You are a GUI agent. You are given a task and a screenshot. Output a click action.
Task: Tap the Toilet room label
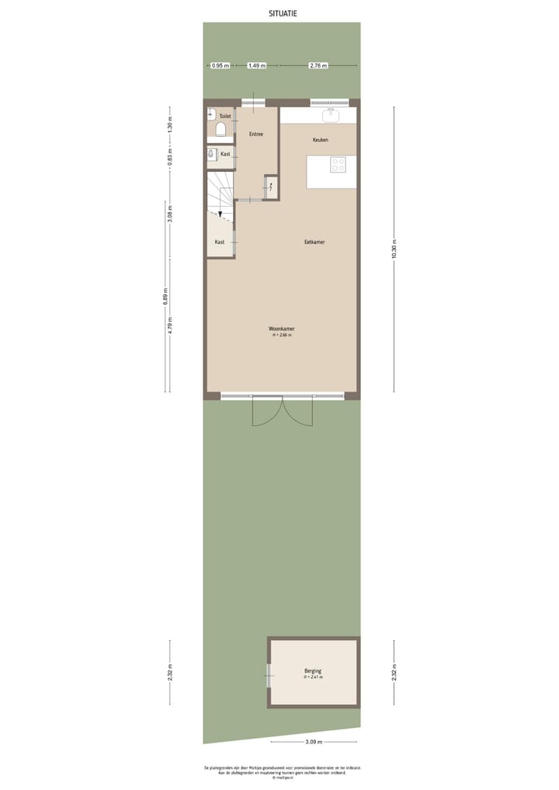225,117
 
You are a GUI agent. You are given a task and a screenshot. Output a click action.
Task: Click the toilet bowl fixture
220,129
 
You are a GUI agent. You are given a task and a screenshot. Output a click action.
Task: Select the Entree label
256,134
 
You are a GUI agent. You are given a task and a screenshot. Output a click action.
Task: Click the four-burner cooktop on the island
339,165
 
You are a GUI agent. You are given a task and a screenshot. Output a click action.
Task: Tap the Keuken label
320,140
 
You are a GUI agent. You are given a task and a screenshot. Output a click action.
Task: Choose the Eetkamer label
314,242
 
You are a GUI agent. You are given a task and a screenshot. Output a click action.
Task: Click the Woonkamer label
282,329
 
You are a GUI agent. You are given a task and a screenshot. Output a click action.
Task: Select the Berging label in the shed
313,671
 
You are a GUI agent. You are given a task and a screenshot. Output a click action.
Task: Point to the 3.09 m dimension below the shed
313,743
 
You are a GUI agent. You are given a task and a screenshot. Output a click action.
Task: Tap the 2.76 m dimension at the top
318,66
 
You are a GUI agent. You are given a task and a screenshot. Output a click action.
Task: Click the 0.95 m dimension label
220,66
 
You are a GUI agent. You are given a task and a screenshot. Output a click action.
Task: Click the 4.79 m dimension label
171,327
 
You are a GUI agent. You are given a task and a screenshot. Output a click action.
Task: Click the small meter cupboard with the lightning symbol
271,186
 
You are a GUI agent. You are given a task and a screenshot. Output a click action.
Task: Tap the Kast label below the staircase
220,242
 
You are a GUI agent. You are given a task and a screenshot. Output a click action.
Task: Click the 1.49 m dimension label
257,66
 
